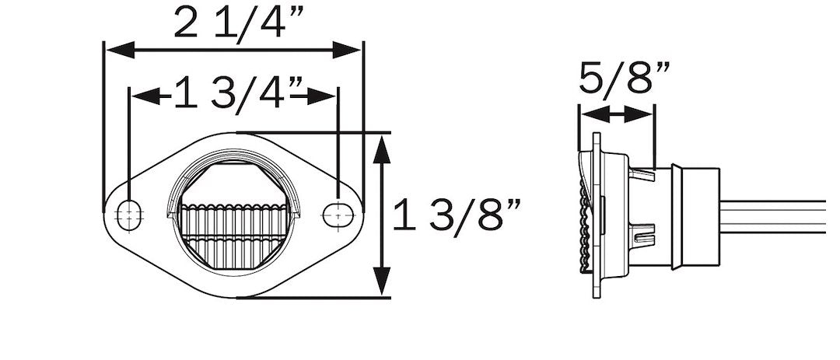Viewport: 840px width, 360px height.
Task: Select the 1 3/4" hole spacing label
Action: pyautogui.click(x=240, y=93)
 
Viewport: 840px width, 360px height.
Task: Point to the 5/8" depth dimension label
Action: pyautogui.click(x=625, y=78)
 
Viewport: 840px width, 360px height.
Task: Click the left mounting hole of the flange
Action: pyautogui.click(x=129, y=215)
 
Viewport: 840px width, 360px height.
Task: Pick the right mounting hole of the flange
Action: pyautogui.click(x=338, y=215)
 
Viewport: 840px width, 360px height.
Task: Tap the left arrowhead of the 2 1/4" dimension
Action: pyautogui.click(x=121, y=51)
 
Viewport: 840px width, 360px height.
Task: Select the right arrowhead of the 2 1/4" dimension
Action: pyautogui.click(x=346, y=50)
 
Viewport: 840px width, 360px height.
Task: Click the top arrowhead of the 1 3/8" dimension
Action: pyautogui.click(x=381, y=149)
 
